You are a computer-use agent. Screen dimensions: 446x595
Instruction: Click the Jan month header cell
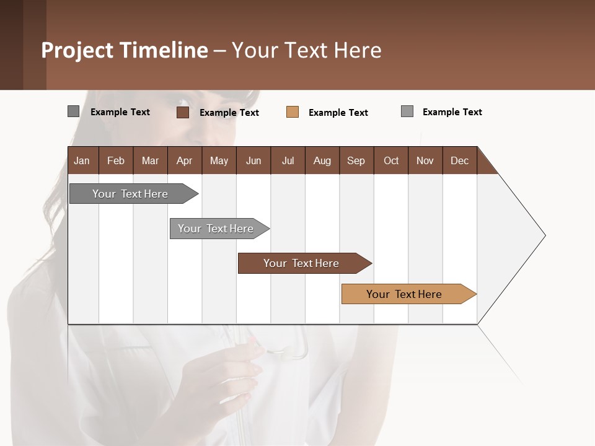click(x=82, y=160)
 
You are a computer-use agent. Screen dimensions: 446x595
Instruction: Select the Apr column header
click(x=184, y=160)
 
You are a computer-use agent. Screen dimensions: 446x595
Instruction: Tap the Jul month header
click(x=288, y=160)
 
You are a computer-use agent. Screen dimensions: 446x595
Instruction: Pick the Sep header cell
click(x=356, y=160)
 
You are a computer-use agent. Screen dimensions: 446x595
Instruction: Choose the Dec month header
click(x=459, y=160)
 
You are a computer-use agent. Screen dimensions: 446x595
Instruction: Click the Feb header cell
click(x=116, y=160)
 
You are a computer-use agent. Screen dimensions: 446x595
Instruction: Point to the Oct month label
click(x=390, y=160)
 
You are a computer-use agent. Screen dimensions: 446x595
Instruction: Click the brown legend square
click(x=183, y=112)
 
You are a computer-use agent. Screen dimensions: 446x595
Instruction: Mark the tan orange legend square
click(x=293, y=112)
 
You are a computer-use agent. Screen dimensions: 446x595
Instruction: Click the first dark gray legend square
click(x=73, y=111)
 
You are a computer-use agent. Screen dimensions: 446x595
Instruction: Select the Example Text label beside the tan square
click(x=338, y=113)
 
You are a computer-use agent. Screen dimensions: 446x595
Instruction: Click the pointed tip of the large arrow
click(x=544, y=235)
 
